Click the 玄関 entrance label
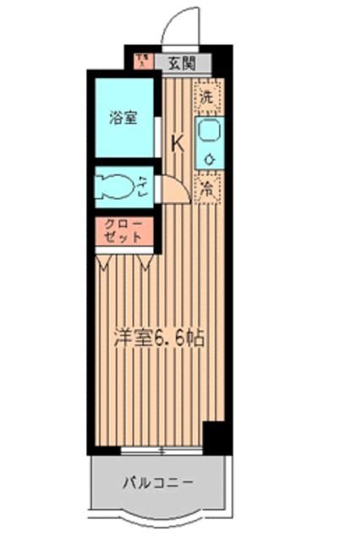pos(181,62)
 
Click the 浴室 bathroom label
pos(123,117)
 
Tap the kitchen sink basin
pos(208,131)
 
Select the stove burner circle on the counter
pos(208,158)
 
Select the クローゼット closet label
pos(123,231)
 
